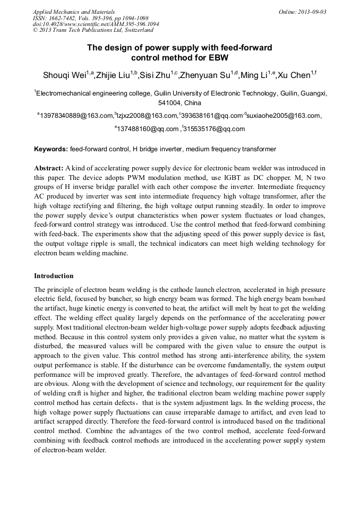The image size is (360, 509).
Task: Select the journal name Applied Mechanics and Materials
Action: pos(74,12)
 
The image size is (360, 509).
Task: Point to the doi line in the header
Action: pos(96,24)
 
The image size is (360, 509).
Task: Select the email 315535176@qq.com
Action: pos(215,129)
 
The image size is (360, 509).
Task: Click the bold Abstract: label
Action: pos(49,168)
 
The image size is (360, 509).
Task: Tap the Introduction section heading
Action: pos(54,276)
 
